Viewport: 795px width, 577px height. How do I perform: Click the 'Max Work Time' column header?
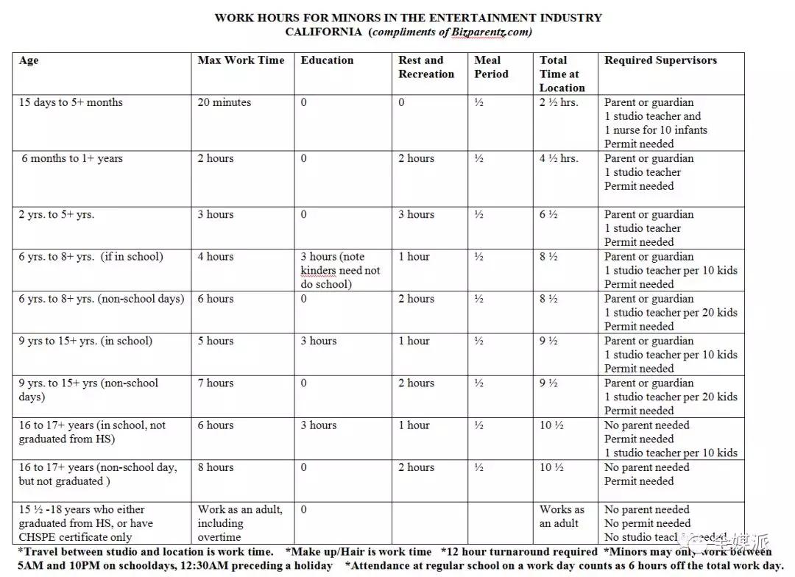coord(241,60)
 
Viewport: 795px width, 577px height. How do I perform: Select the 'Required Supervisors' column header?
coord(660,60)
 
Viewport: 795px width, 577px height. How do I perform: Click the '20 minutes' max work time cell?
coord(224,102)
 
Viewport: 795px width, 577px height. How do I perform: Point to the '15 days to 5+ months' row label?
coord(71,102)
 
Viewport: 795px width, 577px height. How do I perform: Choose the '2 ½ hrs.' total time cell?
coord(559,102)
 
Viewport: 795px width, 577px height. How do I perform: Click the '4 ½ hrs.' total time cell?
coord(559,158)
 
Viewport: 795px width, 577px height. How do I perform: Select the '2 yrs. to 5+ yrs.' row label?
coord(57,214)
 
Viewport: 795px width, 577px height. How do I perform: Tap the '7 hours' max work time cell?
coord(215,383)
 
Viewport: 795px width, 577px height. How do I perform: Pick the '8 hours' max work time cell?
coord(215,467)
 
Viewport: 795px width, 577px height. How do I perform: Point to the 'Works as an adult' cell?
coord(562,516)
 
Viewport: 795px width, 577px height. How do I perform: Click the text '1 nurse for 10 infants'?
coord(656,130)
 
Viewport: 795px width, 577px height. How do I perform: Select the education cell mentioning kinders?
coord(340,270)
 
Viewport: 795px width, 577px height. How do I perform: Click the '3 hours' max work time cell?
coord(215,214)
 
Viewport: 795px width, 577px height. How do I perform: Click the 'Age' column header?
coord(29,60)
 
